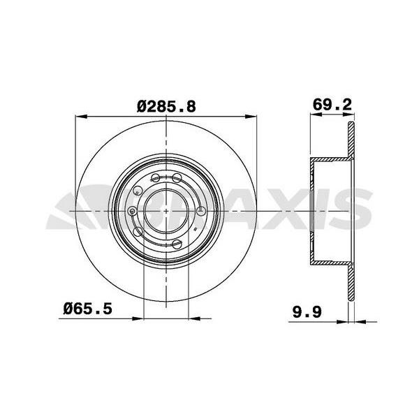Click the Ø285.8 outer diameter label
[x=166, y=106]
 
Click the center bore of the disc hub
[x=166, y=209]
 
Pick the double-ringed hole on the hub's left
[x=133, y=210]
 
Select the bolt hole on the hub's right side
[x=201, y=210]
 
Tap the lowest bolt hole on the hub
[x=177, y=244]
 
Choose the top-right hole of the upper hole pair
[x=177, y=177]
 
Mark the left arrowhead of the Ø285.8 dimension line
[x=78, y=117]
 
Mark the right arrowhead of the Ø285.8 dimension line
[x=253, y=117]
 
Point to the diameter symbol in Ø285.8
[x=140, y=106]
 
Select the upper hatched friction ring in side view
[x=351, y=143]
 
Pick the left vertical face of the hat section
[x=311, y=209]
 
